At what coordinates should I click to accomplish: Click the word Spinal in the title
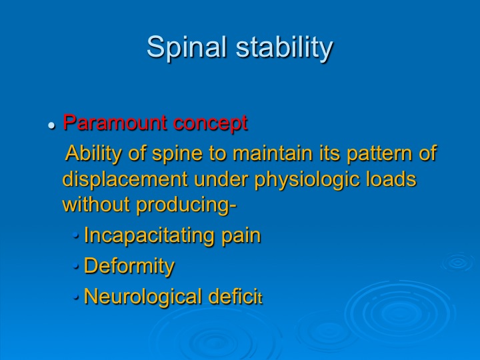click(x=187, y=47)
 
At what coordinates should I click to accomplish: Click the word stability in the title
click(x=285, y=47)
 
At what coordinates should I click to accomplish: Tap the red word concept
click(x=210, y=123)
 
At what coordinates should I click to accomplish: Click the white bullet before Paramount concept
click(x=52, y=125)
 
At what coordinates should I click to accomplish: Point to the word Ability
click(x=94, y=153)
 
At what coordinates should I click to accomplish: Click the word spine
click(x=177, y=154)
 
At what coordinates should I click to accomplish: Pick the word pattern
click(x=379, y=154)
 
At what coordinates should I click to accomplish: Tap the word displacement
click(x=125, y=179)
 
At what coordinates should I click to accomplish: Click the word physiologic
click(x=307, y=180)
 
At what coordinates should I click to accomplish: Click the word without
click(x=96, y=204)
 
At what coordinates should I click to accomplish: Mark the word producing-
click(x=187, y=205)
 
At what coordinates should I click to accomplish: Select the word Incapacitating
click(x=149, y=236)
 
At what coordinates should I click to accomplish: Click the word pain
click(x=241, y=236)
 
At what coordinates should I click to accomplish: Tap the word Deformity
click(x=129, y=266)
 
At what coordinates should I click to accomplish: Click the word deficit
click(x=235, y=296)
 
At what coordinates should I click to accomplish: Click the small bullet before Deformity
click(x=76, y=266)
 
